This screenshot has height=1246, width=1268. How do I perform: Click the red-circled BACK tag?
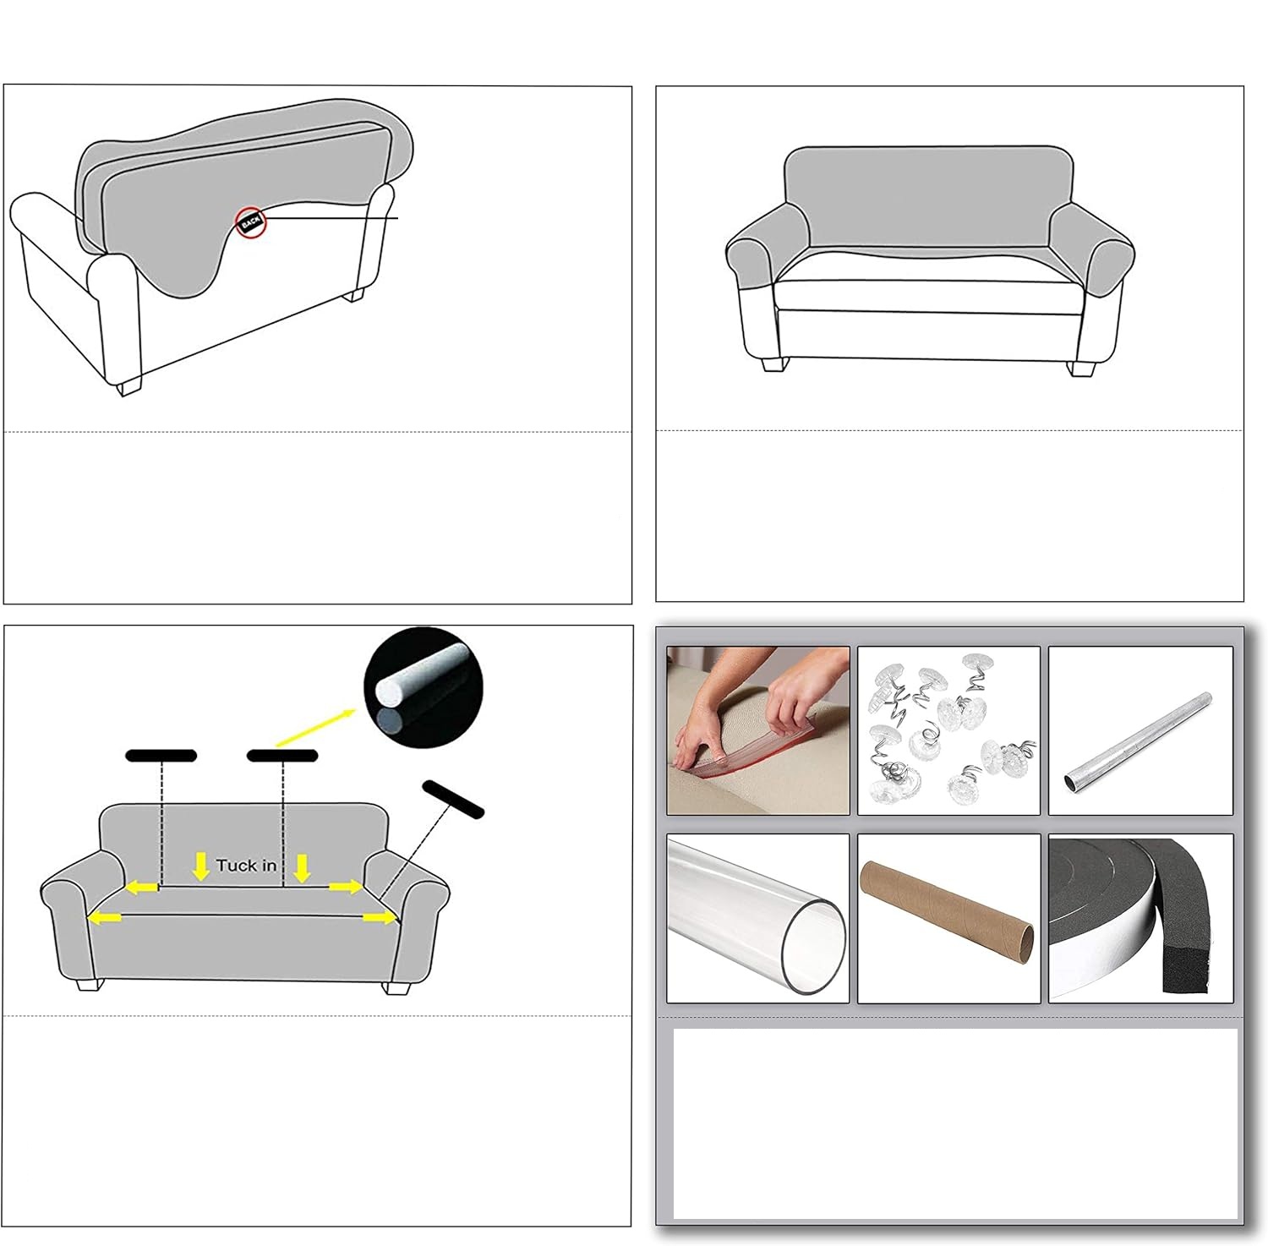coord(251,222)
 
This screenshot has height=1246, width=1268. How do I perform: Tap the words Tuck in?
coord(246,865)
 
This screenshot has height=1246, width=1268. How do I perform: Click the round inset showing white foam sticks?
coord(423,687)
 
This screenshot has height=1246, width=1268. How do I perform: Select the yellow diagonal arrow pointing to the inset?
coord(315,727)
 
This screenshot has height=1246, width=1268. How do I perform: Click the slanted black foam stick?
coord(453,799)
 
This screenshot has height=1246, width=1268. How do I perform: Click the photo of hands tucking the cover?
coord(758,730)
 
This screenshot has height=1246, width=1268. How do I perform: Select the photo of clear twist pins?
coord(948,730)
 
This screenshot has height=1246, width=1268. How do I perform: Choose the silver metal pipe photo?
coord(1140,730)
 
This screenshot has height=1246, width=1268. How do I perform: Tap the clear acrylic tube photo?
coord(758,919)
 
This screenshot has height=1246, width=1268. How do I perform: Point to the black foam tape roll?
coord(1140,919)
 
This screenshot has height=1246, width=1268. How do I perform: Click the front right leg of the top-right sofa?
coord(1082,369)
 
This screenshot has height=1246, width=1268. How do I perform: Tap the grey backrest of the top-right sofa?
coord(928,199)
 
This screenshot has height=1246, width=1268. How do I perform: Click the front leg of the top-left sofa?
coord(128,387)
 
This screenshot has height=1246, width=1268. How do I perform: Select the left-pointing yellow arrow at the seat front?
coord(105,917)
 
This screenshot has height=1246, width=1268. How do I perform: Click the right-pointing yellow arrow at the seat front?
coord(380,917)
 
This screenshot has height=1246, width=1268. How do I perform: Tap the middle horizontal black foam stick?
coord(282,756)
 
